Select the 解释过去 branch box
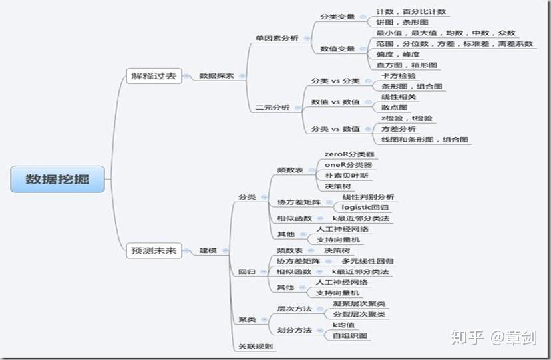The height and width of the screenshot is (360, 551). click(x=153, y=75)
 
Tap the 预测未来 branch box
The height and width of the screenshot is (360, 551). click(x=153, y=250)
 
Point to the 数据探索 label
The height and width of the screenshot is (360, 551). click(x=216, y=76)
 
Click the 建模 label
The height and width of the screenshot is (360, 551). click(x=208, y=251)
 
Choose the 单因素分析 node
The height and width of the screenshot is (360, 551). click(x=277, y=39)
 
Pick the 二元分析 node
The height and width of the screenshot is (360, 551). click(x=272, y=108)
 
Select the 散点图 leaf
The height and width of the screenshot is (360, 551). click(x=394, y=108)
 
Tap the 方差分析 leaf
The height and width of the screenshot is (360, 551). click(x=399, y=128)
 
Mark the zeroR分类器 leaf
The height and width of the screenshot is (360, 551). click(x=349, y=154)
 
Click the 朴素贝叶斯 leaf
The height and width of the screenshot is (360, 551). click(x=345, y=176)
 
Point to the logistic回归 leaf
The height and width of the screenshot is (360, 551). click(x=365, y=208)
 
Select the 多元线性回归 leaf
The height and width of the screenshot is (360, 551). click(x=367, y=261)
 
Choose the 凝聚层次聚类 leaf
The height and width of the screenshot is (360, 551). click(x=359, y=303)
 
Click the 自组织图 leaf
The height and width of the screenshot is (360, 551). click(x=349, y=335)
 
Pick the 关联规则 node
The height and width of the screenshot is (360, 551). click(x=256, y=347)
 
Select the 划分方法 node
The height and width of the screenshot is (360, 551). click(x=293, y=330)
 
